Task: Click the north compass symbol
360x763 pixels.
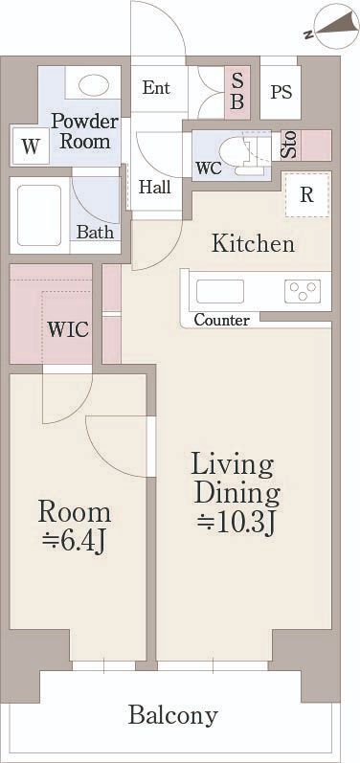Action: [x=336, y=27]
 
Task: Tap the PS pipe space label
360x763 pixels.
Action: [x=281, y=92]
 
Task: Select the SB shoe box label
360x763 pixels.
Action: [x=236, y=93]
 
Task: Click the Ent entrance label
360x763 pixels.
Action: [x=156, y=88]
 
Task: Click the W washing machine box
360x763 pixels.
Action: [x=31, y=146]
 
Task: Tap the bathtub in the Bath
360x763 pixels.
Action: [x=39, y=215]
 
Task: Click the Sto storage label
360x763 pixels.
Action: [x=289, y=144]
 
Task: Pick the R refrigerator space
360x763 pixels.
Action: [x=307, y=194]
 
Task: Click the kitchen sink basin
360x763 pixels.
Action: [x=220, y=291]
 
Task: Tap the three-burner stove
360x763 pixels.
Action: [x=303, y=291]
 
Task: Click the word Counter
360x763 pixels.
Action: [x=222, y=320]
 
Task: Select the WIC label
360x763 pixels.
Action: [x=68, y=329]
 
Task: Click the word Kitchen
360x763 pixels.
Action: [x=253, y=243]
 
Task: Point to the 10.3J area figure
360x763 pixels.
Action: [x=236, y=523]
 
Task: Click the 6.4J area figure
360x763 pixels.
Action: [x=74, y=542]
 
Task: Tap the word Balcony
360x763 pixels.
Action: [x=172, y=715]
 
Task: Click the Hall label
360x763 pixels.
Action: [x=155, y=187]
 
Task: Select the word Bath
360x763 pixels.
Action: [x=96, y=232]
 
